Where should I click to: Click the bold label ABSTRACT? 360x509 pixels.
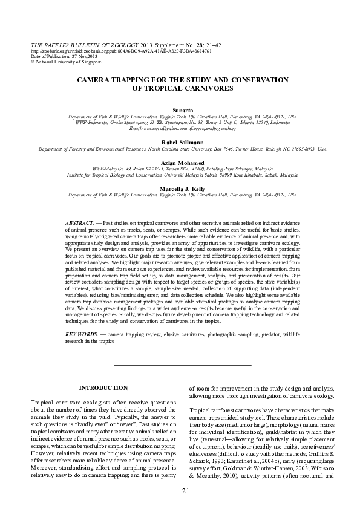coord(79,224)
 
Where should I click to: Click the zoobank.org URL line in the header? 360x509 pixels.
coord(120,51)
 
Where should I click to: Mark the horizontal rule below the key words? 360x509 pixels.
coord(182,366)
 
